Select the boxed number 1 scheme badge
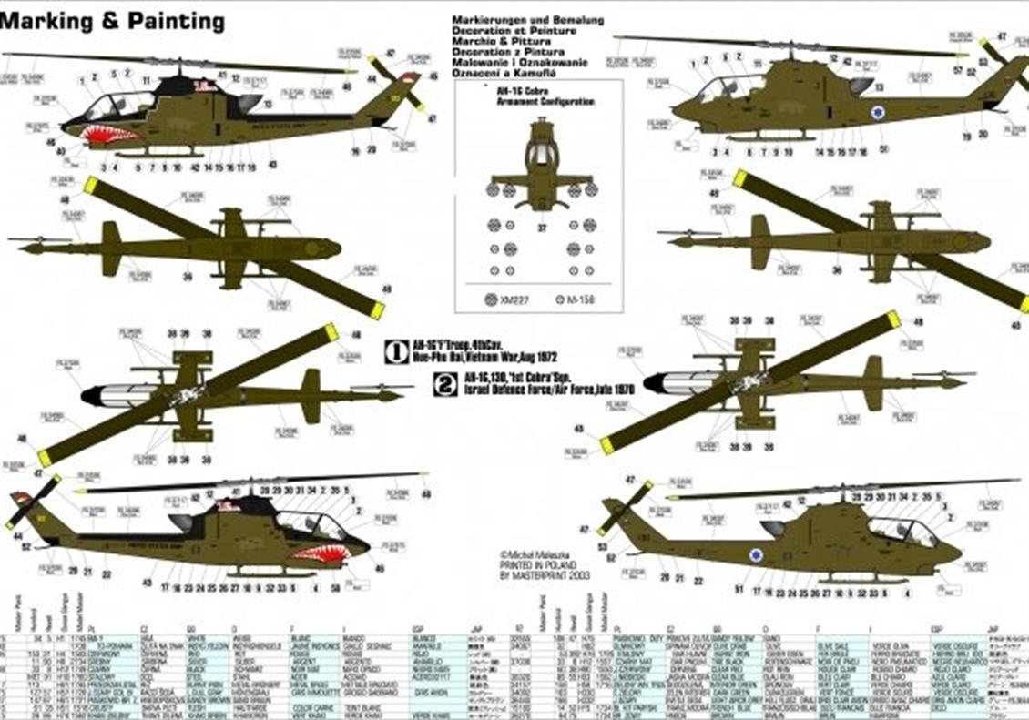[x=394, y=351]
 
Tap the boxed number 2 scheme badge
[x=445, y=384]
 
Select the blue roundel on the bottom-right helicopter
[x=756, y=554]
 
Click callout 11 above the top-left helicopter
[x=148, y=81]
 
